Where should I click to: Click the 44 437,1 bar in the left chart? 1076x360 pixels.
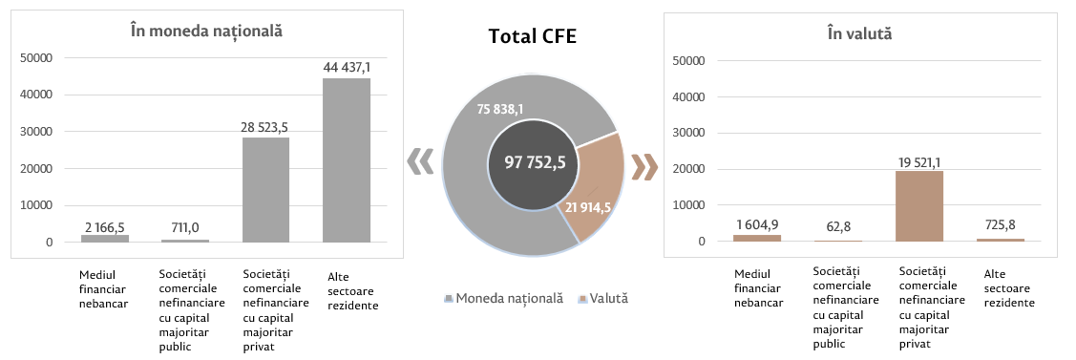pos(347,159)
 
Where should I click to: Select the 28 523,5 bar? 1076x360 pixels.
pos(265,190)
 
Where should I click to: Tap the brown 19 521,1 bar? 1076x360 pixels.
pos(919,205)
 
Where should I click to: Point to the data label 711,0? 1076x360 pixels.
pos(185,227)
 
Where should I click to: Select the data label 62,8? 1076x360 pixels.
pos(838,227)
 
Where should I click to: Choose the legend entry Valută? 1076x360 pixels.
pos(603,298)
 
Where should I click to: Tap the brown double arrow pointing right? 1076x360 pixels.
pos(644,165)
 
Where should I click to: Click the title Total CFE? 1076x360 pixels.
pos(533,36)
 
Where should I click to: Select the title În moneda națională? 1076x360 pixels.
pos(206,31)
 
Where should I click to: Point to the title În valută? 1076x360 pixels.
pos(860,32)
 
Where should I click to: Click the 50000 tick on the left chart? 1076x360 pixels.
pos(38,58)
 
